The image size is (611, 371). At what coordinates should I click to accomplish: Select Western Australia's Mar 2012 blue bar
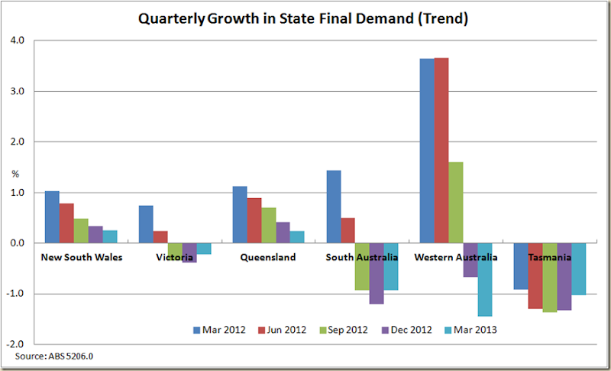[x=427, y=151]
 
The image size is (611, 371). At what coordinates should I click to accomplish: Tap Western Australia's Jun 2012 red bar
[x=441, y=151]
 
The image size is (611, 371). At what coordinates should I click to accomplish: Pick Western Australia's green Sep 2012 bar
[x=456, y=203]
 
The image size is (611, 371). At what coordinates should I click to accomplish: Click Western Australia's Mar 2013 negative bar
[x=485, y=279]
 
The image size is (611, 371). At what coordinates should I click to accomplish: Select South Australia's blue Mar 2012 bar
[x=333, y=207]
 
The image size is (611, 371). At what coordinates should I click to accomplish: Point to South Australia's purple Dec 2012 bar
[x=377, y=273]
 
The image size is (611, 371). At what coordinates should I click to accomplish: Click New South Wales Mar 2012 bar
[x=52, y=217]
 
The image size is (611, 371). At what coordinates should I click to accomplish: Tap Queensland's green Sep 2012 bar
[x=268, y=225]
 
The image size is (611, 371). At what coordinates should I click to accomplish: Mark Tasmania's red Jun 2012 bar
[x=535, y=275]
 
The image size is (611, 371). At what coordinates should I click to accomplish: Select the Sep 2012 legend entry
[x=345, y=330]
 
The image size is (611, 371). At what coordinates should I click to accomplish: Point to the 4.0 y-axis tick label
[x=16, y=41]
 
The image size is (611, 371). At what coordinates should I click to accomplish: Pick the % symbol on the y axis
[x=14, y=174]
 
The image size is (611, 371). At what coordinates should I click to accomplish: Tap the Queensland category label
[x=267, y=258]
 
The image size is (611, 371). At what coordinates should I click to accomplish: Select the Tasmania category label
[x=550, y=258]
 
